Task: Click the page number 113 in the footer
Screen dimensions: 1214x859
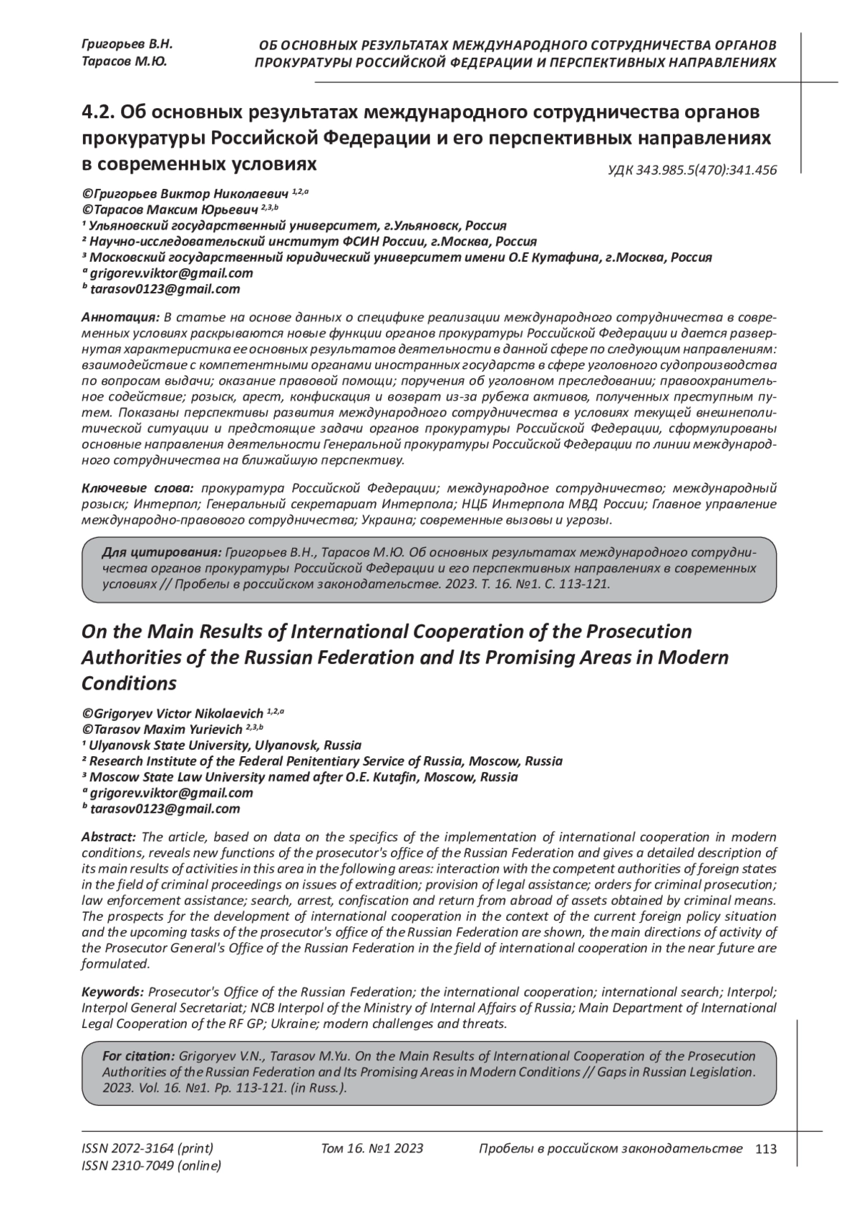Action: click(x=765, y=1149)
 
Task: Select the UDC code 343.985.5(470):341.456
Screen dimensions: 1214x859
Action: click(x=692, y=170)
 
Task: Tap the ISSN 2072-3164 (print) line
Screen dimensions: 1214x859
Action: click(x=147, y=1149)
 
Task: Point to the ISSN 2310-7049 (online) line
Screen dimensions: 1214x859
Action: click(x=152, y=1166)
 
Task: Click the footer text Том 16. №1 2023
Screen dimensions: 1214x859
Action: click(x=372, y=1149)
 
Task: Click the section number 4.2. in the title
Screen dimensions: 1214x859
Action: click(x=98, y=112)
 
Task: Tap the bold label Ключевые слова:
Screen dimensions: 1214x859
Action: click(x=137, y=489)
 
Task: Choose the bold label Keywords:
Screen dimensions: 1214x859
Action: click(x=113, y=992)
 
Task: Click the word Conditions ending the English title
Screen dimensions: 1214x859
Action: click(x=129, y=683)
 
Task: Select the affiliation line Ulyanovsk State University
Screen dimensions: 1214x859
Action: click(x=222, y=745)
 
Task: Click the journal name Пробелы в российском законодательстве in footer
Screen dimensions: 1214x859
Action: click(x=610, y=1149)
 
